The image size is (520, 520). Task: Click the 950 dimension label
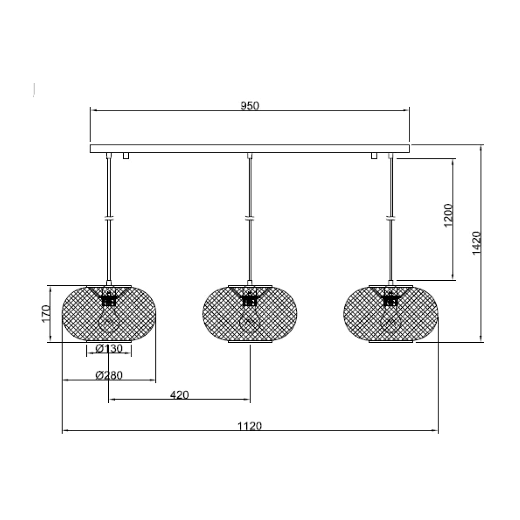250,106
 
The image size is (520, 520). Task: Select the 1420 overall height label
476,243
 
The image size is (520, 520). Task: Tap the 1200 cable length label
449,215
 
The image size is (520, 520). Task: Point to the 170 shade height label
45,313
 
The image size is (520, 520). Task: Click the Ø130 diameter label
109,349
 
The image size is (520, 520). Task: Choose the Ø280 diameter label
109,375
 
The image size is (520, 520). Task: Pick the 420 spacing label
179,395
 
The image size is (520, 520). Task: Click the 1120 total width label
250,425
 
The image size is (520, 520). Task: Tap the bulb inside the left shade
109,321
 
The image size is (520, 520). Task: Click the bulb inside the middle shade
249,321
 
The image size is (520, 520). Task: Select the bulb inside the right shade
390,321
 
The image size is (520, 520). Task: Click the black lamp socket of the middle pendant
249,300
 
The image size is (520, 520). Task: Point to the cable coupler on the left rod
109,218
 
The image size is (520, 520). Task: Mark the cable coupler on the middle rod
250,218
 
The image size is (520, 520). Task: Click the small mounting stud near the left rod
126,156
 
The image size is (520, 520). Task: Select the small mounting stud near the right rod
374,156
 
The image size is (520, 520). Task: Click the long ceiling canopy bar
250,148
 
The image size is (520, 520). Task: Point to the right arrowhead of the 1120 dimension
435,431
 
